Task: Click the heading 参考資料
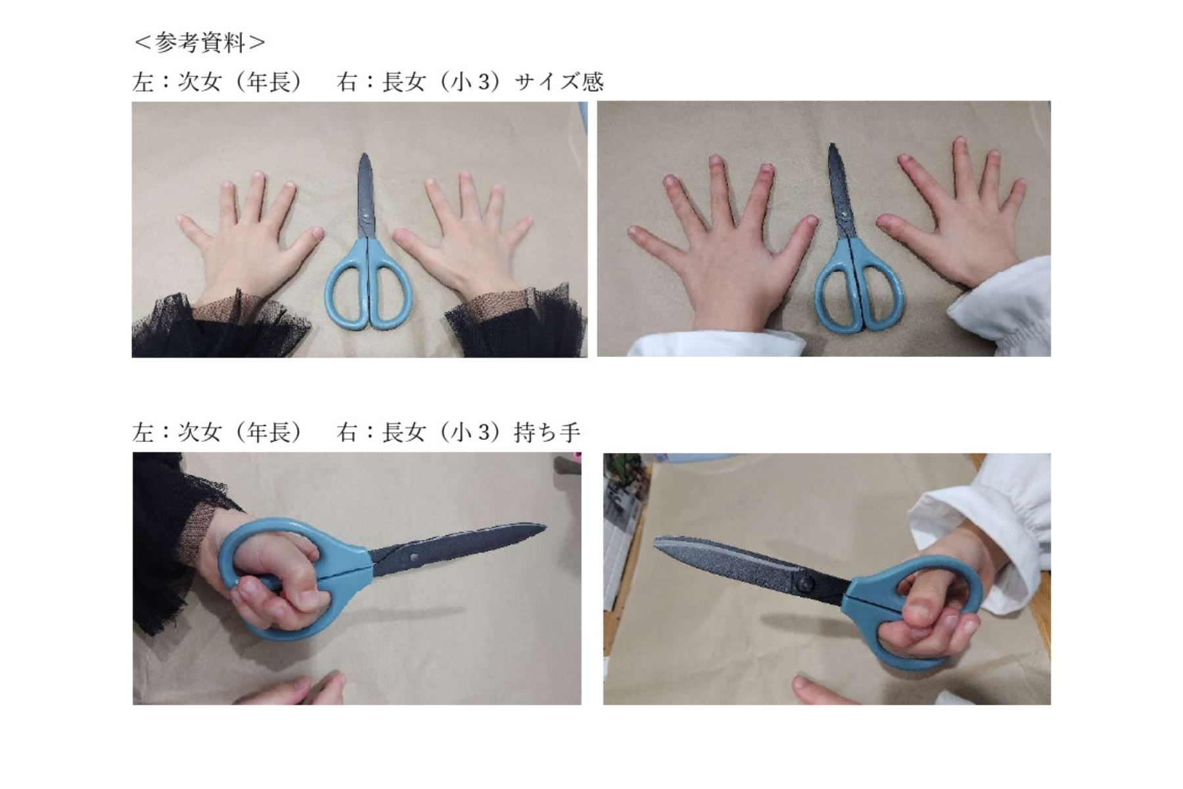pos(200,43)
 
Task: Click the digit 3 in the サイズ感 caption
pos(484,82)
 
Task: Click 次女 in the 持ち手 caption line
pos(200,433)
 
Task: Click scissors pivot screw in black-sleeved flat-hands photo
pos(365,215)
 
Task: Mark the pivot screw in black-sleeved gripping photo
pos(414,557)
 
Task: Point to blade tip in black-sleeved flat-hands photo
pos(364,155)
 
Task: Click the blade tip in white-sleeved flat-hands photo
pos(831,145)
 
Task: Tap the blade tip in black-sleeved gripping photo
pos(545,526)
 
